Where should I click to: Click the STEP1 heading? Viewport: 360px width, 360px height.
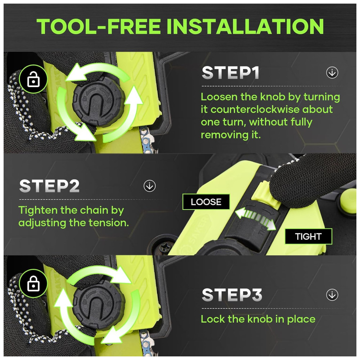pos(230,73)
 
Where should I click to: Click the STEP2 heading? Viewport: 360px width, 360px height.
pos(49,186)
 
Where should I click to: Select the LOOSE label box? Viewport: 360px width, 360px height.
pos(206,202)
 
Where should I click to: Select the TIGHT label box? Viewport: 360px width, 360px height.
pos(309,236)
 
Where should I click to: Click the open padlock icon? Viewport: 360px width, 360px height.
pos(33,79)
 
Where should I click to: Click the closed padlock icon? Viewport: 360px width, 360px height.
pos(33,284)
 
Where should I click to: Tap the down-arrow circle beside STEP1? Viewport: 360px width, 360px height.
pos(332,73)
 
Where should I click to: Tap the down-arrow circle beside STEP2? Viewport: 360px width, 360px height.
pos(149,186)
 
